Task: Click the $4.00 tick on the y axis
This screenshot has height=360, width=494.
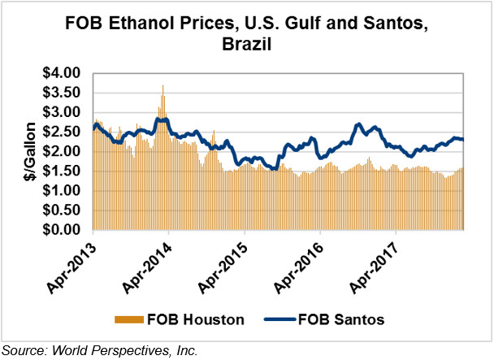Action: coord(62,73)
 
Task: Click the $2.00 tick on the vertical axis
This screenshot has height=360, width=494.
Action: coord(62,151)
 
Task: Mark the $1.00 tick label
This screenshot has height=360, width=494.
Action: coord(62,191)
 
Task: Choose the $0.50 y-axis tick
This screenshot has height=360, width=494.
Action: coord(62,210)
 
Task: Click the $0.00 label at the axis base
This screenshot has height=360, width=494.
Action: coord(62,230)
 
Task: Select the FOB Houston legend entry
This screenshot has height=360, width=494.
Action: coord(194,319)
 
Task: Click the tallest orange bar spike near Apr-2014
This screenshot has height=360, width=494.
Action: coord(162,87)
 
